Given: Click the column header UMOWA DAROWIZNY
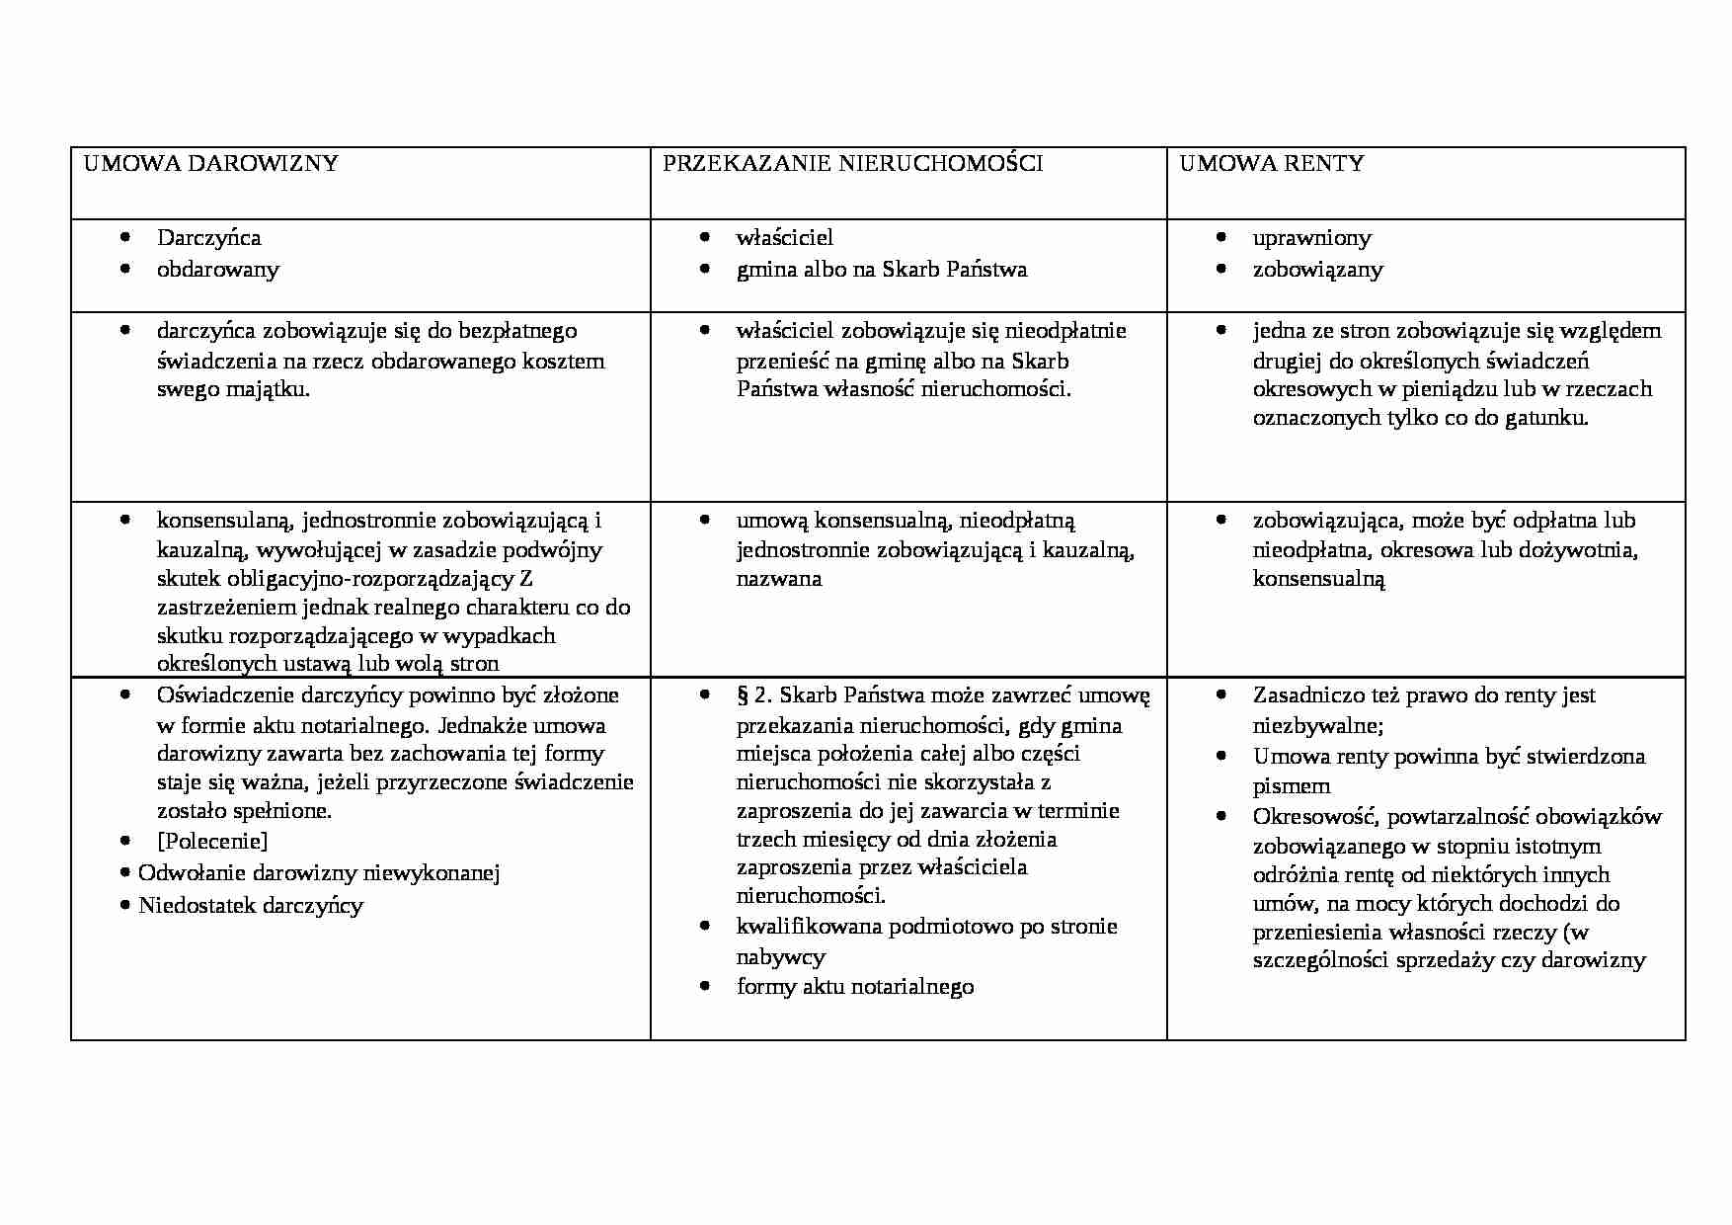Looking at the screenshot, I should click(x=210, y=164).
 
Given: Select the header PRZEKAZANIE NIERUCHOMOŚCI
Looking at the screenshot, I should click(x=852, y=164).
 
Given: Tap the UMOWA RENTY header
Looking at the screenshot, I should click(x=1271, y=164).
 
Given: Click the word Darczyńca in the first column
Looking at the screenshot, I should click(x=208, y=238).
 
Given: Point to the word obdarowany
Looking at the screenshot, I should click(x=217, y=270).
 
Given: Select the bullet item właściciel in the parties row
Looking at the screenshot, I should click(x=784, y=238).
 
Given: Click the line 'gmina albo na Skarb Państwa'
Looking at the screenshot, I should click(x=881, y=270).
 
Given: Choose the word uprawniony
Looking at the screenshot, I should click(x=1311, y=238).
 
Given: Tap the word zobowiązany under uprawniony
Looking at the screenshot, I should click(x=1317, y=270).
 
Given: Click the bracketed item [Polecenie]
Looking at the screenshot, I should click(x=212, y=842).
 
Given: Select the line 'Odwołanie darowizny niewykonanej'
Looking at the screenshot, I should click(x=318, y=873).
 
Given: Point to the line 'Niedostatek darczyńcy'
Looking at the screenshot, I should click(x=251, y=906).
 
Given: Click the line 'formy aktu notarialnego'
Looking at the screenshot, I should click(x=854, y=987).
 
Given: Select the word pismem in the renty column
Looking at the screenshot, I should click(x=1291, y=787).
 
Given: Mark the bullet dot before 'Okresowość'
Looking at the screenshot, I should click(x=1222, y=817).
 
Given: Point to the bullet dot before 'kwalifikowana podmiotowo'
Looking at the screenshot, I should click(x=704, y=927).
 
